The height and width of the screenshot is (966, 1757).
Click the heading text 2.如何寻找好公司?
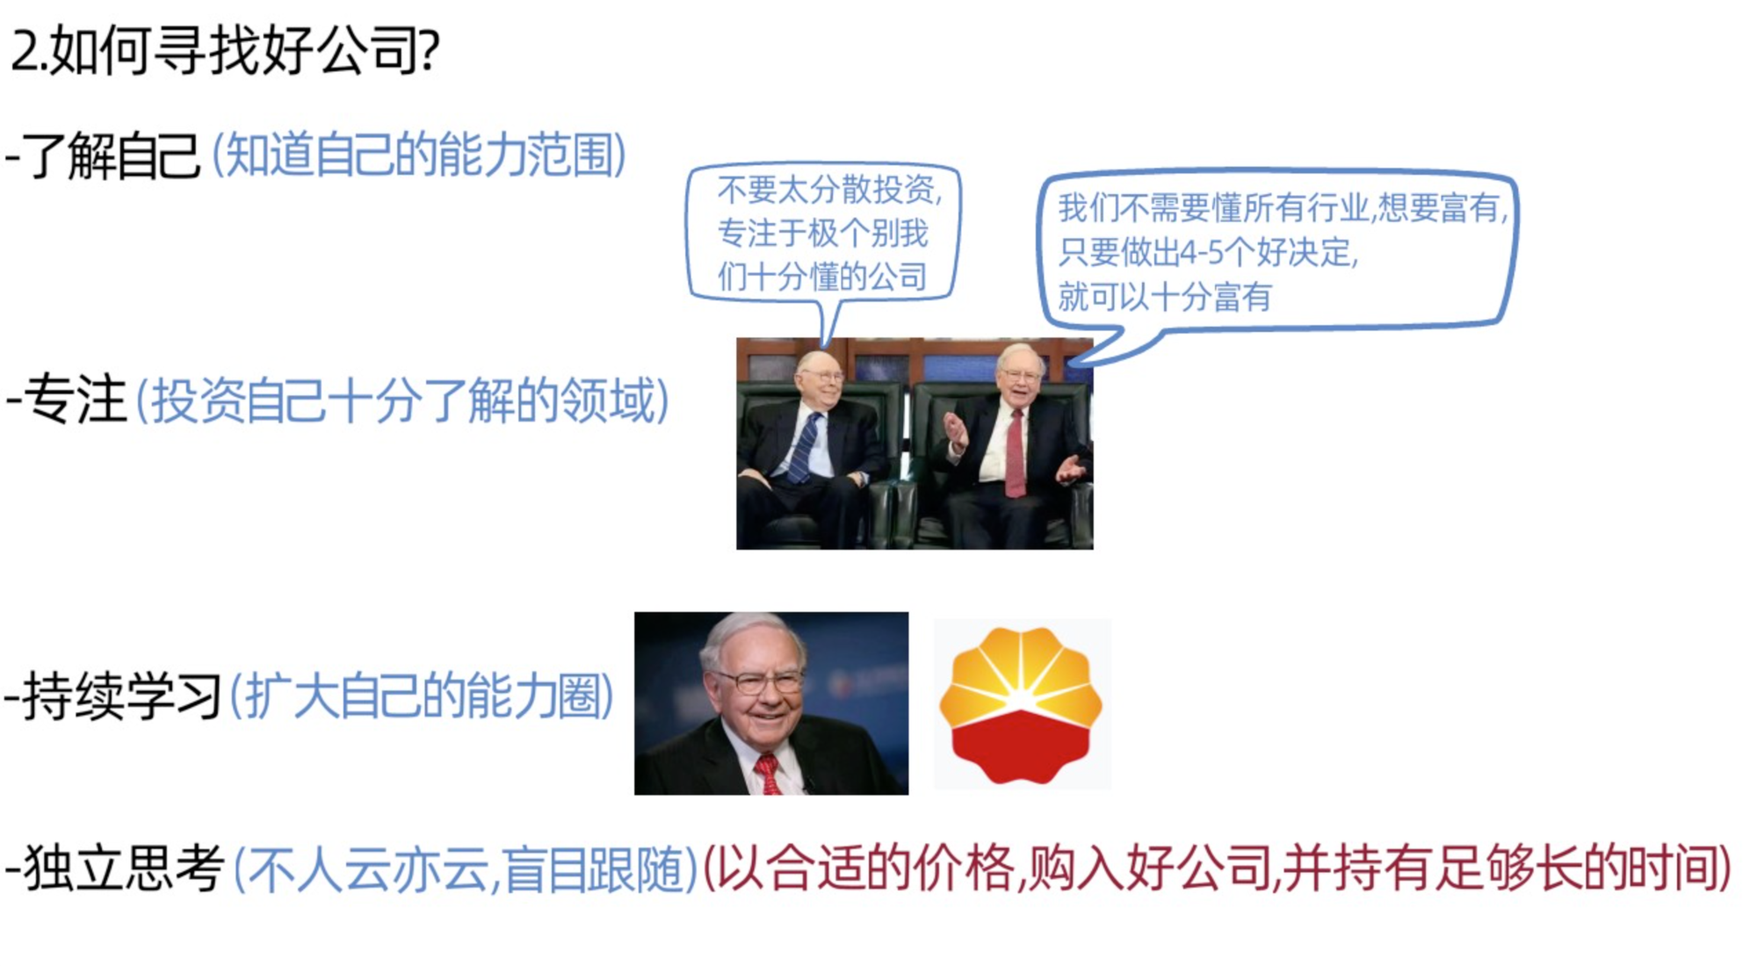click(x=224, y=50)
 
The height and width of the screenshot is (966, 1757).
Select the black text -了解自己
click(x=103, y=156)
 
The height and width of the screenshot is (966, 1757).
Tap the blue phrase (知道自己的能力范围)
click(x=419, y=155)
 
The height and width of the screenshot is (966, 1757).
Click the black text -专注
click(x=67, y=400)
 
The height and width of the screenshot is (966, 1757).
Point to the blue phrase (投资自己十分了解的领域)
click(x=402, y=400)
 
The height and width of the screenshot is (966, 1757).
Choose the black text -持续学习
click(x=113, y=696)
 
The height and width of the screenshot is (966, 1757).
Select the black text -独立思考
click(x=115, y=868)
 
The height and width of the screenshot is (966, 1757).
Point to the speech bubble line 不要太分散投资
click(x=829, y=190)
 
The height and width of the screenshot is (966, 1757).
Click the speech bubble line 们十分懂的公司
click(x=821, y=277)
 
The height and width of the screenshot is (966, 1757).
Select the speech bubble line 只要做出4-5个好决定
click(x=1208, y=253)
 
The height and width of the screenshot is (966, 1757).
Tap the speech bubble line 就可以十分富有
click(x=1165, y=297)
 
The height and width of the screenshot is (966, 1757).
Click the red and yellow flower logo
click(x=1021, y=704)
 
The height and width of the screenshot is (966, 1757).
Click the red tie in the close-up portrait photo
click(x=768, y=774)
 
